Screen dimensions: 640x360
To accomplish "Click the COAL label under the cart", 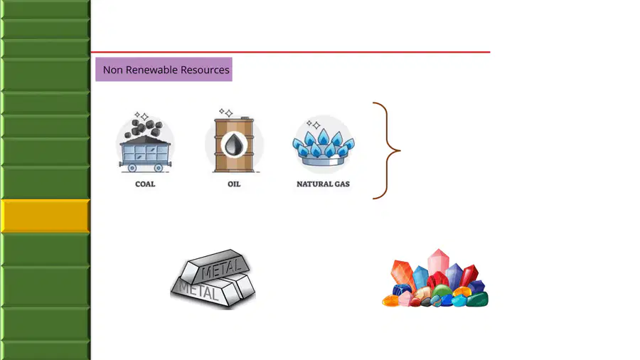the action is [145, 184].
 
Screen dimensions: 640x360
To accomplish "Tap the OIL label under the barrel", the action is [234, 184].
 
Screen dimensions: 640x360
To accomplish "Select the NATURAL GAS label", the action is [323, 184].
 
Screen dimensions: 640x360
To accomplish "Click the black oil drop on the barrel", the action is [234, 144].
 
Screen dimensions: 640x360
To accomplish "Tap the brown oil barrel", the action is [234, 144].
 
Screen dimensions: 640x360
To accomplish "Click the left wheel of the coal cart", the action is [132, 168].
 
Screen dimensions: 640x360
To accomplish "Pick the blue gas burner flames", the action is [324, 142].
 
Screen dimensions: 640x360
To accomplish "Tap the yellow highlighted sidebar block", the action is [45, 216].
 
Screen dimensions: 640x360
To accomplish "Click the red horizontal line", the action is [290, 52].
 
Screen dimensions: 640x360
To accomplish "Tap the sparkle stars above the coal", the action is [142, 117].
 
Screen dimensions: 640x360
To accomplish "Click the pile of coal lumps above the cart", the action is [142, 128].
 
